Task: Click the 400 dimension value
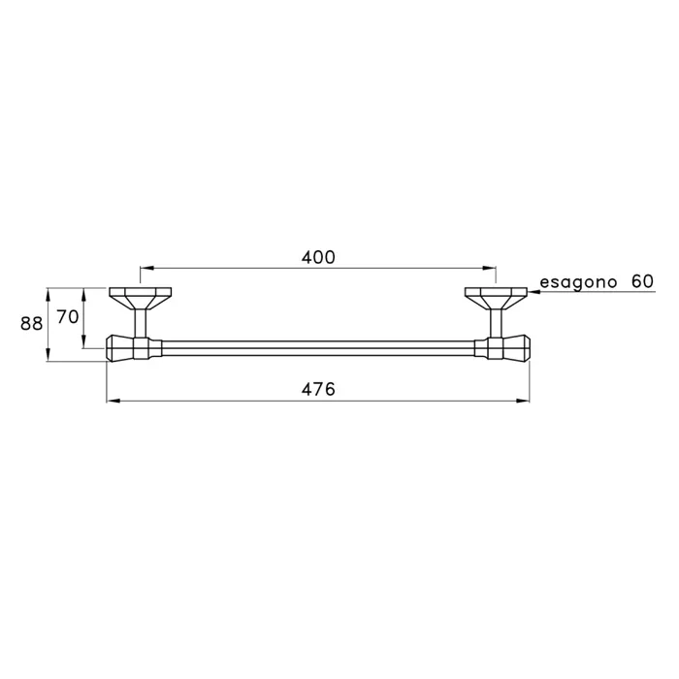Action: point(318,257)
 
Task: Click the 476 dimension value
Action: point(318,389)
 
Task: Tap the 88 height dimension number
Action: point(32,323)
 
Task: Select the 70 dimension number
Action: point(68,317)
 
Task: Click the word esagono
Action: point(578,283)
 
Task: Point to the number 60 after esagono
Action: point(642,282)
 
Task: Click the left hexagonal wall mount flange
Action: point(141,298)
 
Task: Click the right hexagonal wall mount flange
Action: point(496,298)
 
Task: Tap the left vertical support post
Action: point(141,323)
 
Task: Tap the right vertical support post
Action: point(496,323)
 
